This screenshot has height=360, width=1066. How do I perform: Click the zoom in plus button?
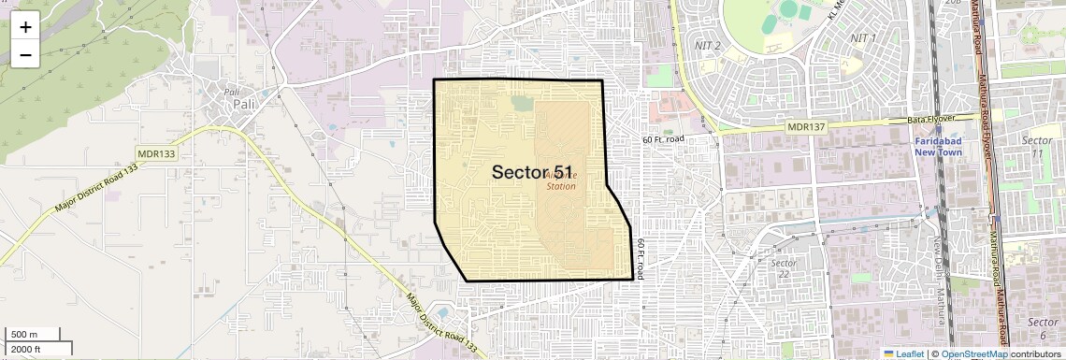click(x=25, y=27)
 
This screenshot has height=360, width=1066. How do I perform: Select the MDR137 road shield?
click(x=803, y=126)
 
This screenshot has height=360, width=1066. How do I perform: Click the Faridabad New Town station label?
click(x=938, y=146)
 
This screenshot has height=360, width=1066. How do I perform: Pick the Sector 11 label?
click(x=1036, y=146)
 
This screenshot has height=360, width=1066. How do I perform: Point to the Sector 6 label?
click(x=1042, y=327)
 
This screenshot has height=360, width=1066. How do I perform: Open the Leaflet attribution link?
click(x=903, y=353)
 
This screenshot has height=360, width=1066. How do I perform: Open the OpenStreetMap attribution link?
click(x=973, y=353)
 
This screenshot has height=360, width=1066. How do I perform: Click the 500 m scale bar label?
click(x=25, y=334)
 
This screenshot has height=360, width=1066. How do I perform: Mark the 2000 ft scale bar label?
click(x=27, y=349)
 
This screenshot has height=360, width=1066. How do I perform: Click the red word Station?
click(x=561, y=186)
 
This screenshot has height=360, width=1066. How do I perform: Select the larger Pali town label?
click(x=244, y=104)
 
